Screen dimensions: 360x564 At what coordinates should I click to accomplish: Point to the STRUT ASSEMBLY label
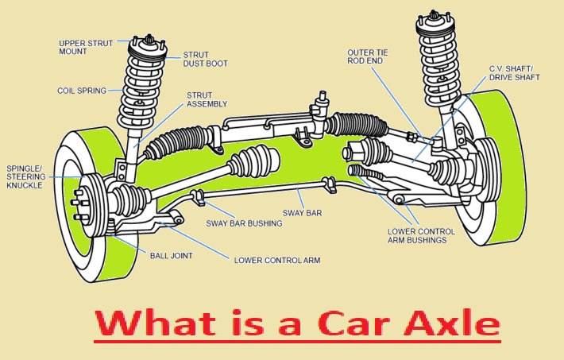point(207,99)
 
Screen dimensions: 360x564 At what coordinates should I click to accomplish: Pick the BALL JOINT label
point(170,255)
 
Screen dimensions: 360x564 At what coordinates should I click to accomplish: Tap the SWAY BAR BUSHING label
point(244,223)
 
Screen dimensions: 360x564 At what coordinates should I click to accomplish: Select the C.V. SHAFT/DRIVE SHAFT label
point(514,72)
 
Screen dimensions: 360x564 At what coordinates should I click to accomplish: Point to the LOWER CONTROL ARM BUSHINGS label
point(421,235)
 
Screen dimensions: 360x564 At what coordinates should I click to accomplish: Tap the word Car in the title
point(349,324)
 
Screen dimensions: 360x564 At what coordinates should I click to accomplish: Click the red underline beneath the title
point(297,343)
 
